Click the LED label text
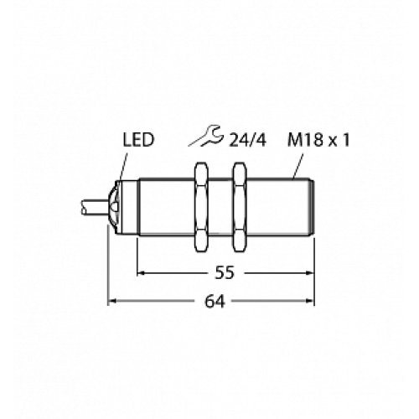coord(138,140)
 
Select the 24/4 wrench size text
coord(247,140)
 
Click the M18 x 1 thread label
coord(318,140)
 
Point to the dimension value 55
coord(225,272)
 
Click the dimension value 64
coord(215,302)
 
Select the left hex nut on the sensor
coord(201,207)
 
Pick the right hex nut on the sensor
coord(240,207)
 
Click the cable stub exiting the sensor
coord(94,207)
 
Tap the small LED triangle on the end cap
coord(114,207)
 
